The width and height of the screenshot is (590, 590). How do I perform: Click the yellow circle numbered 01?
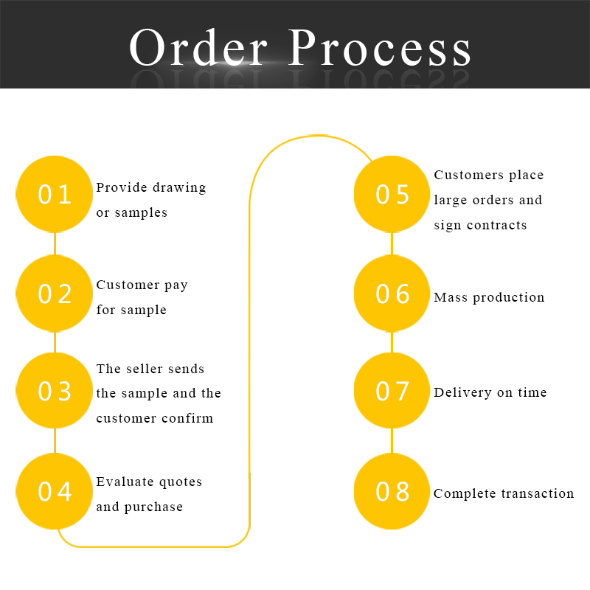(x=55, y=195)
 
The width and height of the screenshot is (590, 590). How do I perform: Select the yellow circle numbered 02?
(x=55, y=294)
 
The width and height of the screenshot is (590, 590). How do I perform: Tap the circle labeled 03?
(x=55, y=391)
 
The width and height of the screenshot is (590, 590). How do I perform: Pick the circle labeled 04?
(x=55, y=491)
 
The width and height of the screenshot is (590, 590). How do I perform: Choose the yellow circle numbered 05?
(x=392, y=195)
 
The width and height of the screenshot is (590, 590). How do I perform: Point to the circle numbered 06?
(x=392, y=294)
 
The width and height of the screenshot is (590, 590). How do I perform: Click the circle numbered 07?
(x=392, y=391)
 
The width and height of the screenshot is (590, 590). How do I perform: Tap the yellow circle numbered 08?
(x=392, y=491)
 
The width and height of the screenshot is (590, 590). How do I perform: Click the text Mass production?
(x=489, y=297)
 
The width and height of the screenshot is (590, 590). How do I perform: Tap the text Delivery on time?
(x=490, y=392)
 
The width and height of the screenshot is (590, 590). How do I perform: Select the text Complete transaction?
(x=504, y=493)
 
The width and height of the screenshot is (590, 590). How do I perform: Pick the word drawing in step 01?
(x=178, y=187)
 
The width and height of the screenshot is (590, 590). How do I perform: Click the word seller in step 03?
(x=149, y=369)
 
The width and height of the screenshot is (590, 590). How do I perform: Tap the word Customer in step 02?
(x=128, y=285)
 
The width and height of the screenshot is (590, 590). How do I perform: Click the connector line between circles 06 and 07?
(x=392, y=342)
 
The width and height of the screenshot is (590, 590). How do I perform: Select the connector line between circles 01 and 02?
(x=55, y=244)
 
